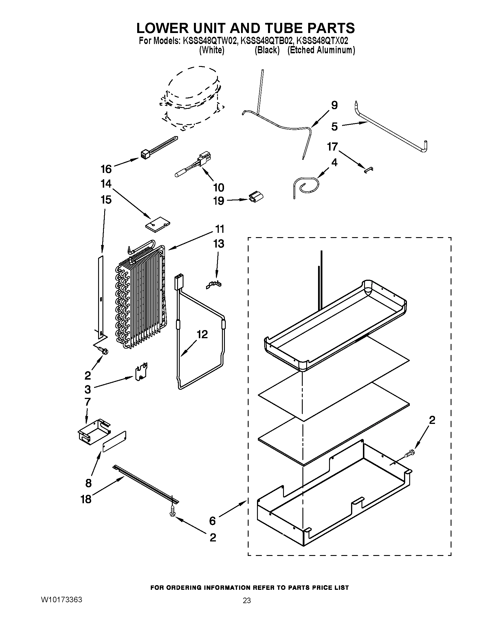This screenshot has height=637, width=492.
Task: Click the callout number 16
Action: [x=106, y=169]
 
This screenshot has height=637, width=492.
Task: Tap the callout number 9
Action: [x=334, y=105]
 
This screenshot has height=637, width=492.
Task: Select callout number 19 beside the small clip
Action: [x=219, y=201]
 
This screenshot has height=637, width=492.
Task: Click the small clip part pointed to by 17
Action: [x=369, y=169]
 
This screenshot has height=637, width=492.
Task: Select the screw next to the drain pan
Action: [x=410, y=453]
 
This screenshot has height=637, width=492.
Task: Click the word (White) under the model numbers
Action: [x=212, y=50]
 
